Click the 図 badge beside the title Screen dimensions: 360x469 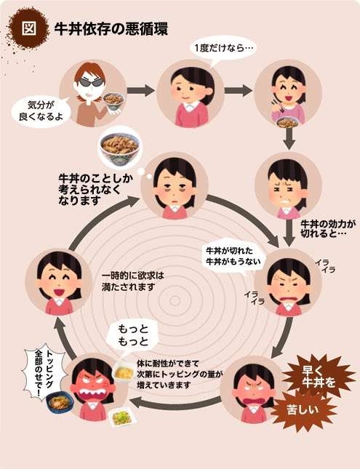pyautogui.click(x=29, y=28)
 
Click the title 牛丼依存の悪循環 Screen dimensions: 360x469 pyautogui.click(x=111, y=29)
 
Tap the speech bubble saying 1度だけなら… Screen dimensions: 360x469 pyautogui.click(x=222, y=49)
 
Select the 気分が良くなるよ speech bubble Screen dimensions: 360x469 pyautogui.click(x=41, y=111)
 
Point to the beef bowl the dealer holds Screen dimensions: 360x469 pyautogui.click(x=113, y=100)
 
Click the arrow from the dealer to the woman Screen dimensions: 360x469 pyautogui.click(x=140, y=90)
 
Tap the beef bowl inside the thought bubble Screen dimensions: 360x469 pyautogui.click(x=120, y=148)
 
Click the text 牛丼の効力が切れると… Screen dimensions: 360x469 pyautogui.click(x=327, y=228)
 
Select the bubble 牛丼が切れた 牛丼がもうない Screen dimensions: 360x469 pyautogui.click(x=233, y=256)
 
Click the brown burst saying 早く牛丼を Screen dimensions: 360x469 pyautogui.click(x=318, y=377)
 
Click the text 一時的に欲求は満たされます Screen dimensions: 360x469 pyautogui.click(x=132, y=281)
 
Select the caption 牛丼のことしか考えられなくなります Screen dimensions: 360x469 pyautogui.click(x=96, y=189)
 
